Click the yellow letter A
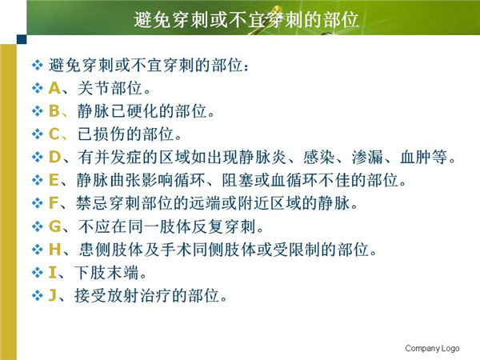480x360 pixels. click(54, 88)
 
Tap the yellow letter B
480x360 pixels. click(54, 111)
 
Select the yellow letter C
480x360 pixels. click(54, 134)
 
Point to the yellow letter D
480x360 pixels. click(54, 157)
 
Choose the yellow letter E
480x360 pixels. click(54, 180)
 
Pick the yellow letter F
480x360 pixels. click(54, 203)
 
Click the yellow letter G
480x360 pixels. click(54, 226)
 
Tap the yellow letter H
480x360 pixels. click(54, 250)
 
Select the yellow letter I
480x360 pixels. click(52, 273)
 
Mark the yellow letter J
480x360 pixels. click(52, 296)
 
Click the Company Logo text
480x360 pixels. click(432, 348)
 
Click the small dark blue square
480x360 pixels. click(22, 39)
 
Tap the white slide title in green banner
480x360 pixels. click(246, 20)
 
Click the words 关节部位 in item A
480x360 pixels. click(110, 88)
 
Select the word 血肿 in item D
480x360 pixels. click(415, 157)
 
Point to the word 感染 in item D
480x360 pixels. click(318, 157)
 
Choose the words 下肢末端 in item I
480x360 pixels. click(106, 273)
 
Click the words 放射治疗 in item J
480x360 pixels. click(139, 296)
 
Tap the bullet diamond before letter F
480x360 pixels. click(37, 203)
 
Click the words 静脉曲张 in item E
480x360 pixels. click(109, 180)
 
